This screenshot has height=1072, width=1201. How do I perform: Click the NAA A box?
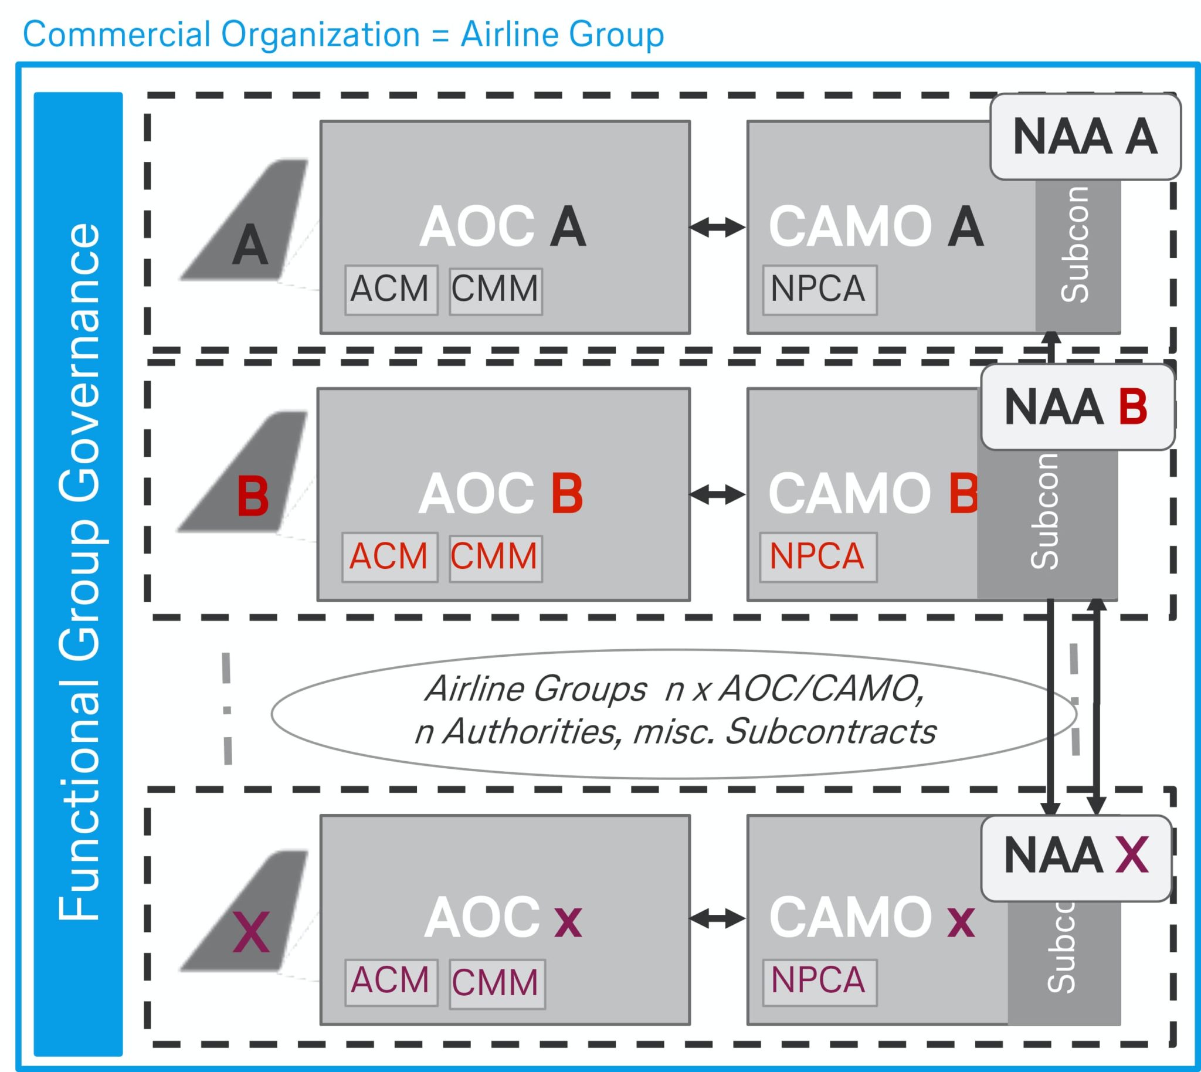pos(1085,137)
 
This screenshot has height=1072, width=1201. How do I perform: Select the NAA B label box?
pos(1077,407)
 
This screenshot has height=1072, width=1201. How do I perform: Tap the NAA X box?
pos(1076,857)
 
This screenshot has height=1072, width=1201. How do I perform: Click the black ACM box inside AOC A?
pos(391,290)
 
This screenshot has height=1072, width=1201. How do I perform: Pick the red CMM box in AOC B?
pos(495,557)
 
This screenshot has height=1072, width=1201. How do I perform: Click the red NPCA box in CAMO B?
pos(817,557)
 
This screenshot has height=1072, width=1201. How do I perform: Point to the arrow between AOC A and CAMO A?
pos(717,227)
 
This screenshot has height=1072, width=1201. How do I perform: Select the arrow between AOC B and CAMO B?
pos(717,495)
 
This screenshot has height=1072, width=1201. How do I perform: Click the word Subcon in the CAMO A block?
pos(1076,245)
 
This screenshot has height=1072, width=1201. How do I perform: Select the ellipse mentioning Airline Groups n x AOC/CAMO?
pos(673,713)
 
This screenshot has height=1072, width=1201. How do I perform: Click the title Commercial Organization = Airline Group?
pos(344,34)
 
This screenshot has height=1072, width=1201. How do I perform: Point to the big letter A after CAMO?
pos(966,227)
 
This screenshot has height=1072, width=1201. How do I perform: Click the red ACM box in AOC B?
pos(389,557)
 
